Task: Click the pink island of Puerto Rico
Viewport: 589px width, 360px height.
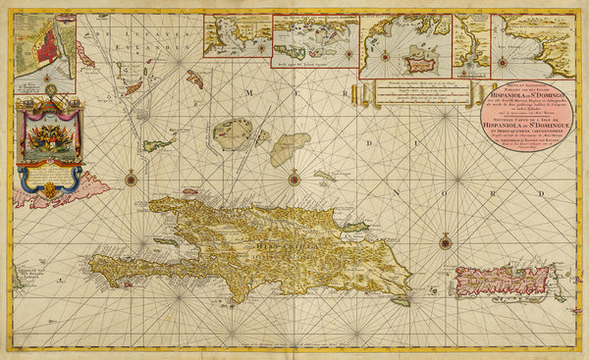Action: (500, 281)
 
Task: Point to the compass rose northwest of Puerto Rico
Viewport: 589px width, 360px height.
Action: (445, 241)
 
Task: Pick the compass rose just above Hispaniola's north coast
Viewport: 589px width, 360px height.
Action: (294, 179)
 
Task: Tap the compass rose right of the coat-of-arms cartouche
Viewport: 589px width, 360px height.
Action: (131, 179)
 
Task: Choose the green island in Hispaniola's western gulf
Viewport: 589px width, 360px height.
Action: (166, 241)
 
